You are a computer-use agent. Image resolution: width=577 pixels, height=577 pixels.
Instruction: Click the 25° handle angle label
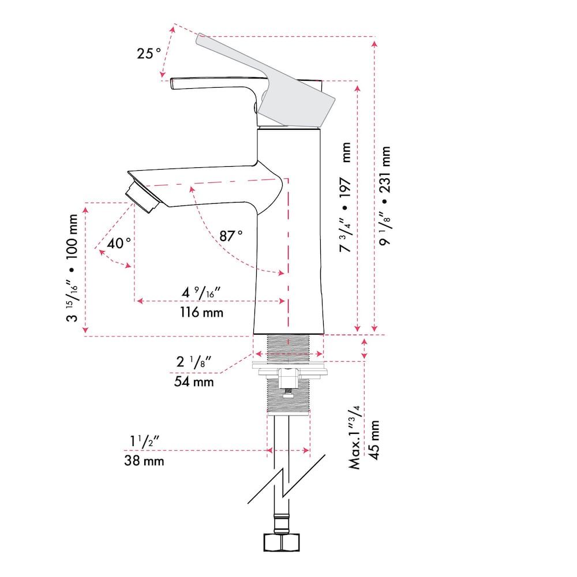[149, 54]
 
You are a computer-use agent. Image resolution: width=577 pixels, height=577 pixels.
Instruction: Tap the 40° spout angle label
[119, 243]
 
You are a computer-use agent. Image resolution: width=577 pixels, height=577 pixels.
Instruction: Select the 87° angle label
[231, 235]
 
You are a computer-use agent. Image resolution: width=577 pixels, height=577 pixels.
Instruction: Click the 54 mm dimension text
[194, 381]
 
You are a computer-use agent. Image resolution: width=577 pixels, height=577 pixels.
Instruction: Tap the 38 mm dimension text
[144, 460]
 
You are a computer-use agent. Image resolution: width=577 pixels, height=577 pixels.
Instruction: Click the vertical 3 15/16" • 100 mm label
[72, 268]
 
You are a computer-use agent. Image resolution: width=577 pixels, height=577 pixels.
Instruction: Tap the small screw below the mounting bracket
[287, 395]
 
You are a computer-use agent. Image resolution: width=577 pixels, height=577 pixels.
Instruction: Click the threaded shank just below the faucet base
[288, 346]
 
